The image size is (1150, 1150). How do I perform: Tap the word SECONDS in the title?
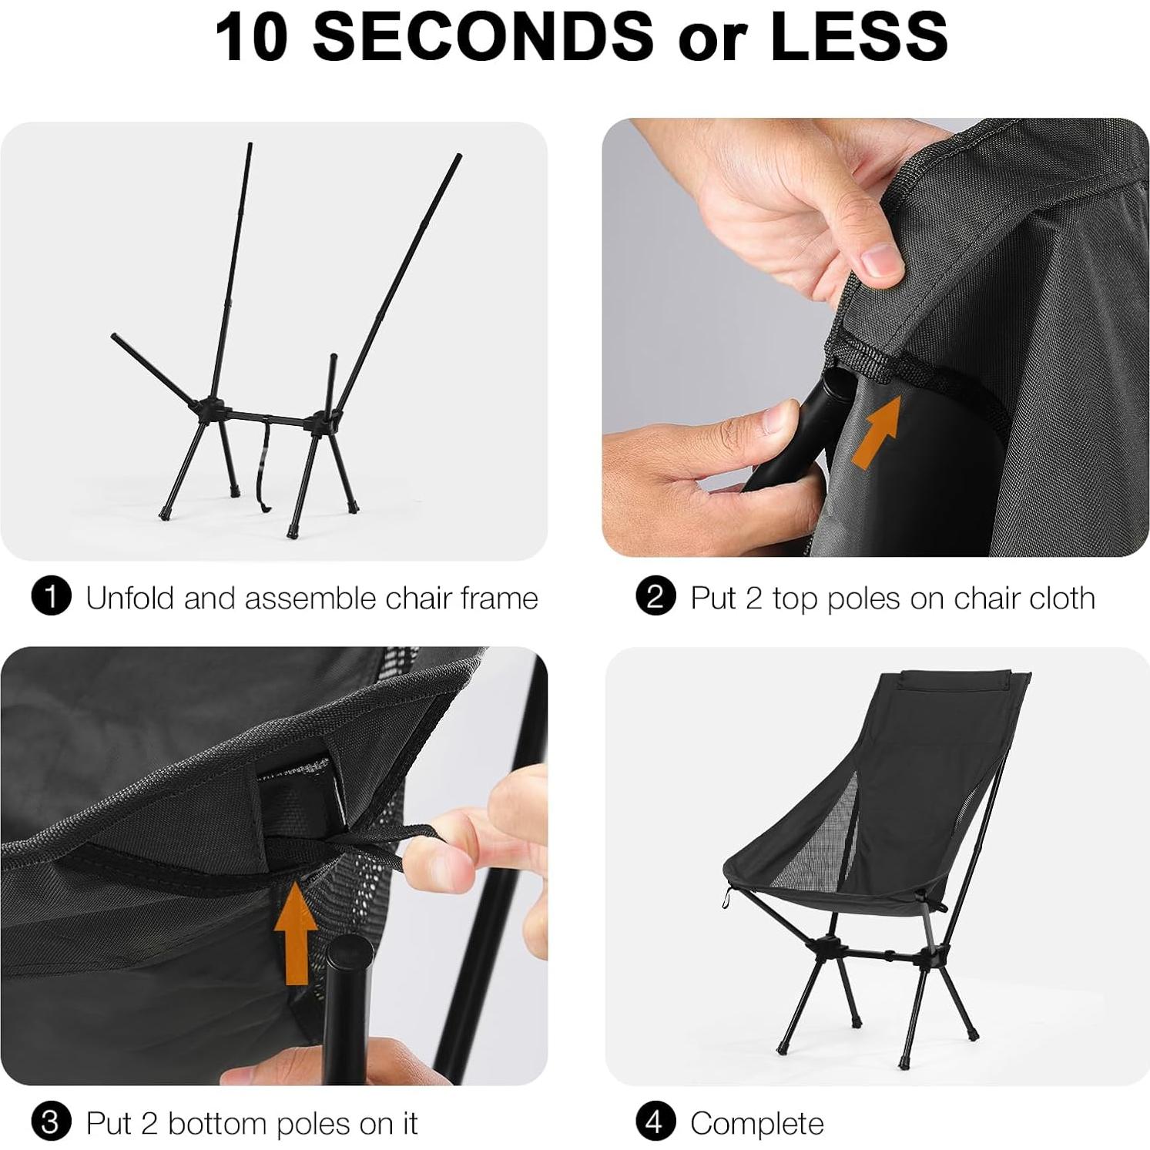coord(483,36)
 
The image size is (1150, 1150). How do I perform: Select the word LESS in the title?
coord(859,36)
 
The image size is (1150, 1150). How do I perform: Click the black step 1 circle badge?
coord(51,597)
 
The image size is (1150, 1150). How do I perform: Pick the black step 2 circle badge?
coord(655,597)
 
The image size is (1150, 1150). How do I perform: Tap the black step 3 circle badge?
coord(51,1122)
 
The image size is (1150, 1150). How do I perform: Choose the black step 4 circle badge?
coord(655,1122)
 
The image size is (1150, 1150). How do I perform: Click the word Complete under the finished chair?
coord(756,1124)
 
